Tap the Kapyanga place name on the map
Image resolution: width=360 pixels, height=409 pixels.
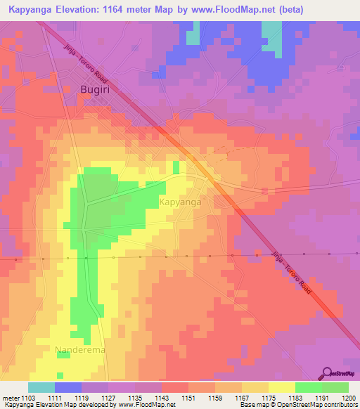pyautogui.click(x=181, y=202)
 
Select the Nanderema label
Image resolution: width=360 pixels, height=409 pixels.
pyautogui.click(x=79, y=349)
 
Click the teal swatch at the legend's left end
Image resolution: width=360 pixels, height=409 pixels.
pyautogui.click(x=41, y=387)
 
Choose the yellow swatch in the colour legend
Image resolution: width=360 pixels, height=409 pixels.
pyautogui.click(x=281, y=387)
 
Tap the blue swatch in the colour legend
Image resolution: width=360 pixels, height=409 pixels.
pyautogui.click(x=68, y=387)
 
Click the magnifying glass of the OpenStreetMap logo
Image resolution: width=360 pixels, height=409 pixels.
pyautogui.click(x=326, y=373)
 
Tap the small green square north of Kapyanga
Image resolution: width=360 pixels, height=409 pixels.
pyautogui.click(x=175, y=167)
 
